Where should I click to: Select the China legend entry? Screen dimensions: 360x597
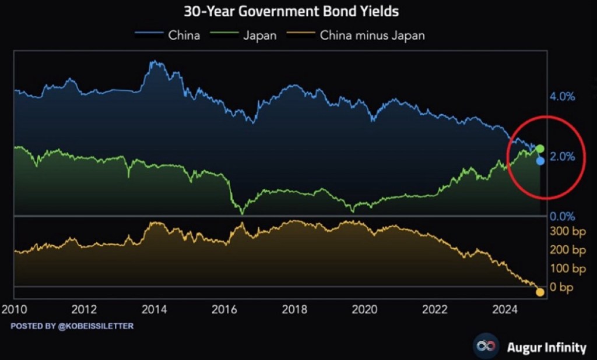pos(184,35)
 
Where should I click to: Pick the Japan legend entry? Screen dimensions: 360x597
pos(259,35)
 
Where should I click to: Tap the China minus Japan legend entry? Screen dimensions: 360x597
pos(372,35)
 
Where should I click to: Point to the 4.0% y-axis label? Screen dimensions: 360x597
pos(563,97)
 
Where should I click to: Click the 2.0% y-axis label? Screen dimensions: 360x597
pos(563,157)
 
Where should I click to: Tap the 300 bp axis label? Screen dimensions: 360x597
pos(567,231)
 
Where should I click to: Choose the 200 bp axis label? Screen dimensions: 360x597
pos(567,250)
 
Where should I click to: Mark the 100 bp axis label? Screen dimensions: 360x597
pos(567,269)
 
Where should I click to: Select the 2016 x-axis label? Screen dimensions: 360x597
pos(225,309)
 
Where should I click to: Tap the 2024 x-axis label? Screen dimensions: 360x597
pos(505,309)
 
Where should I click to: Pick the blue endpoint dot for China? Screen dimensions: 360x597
pos(540,161)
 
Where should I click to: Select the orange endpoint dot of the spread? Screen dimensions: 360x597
pos(540,292)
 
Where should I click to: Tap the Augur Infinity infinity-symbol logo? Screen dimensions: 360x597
pos(484,347)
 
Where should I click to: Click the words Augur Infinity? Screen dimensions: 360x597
pos(546,348)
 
